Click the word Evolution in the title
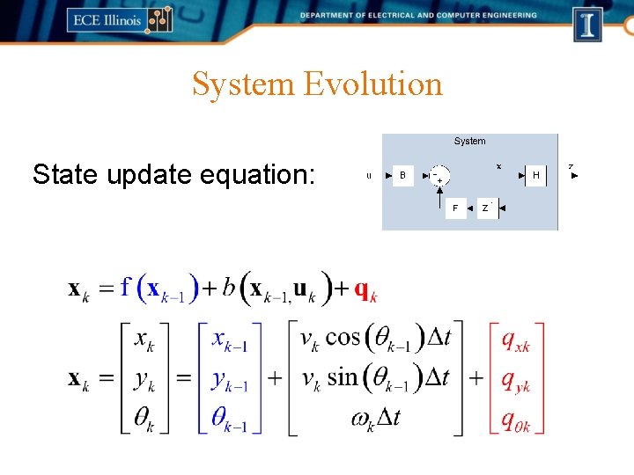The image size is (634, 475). pyautogui.click(x=372, y=84)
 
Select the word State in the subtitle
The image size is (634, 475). pyautogui.click(x=65, y=174)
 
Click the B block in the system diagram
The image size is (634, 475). pyautogui.click(x=402, y=175)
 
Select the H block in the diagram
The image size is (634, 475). pyautogui.click(x=535, y=175)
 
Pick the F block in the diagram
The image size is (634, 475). pyautogui.click(x=455, y=208)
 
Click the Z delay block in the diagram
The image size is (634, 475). pyautogui.click(x=486, y=208)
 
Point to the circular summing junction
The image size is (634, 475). pyautogui.click(x=439, y=175)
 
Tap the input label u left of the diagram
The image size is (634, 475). pyautogui.click(x=369, y=176)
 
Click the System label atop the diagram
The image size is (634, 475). pyautogui.click(x=469, y=141)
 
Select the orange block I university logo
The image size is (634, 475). pyautogui.click(x=587, y=24)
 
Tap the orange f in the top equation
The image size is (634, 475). pyautogui.click(x=126, y=288)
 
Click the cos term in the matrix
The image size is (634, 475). pyautogui.click(x=343, y=338)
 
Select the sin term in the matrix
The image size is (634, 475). pyautogui.click(x=342, y=377)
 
